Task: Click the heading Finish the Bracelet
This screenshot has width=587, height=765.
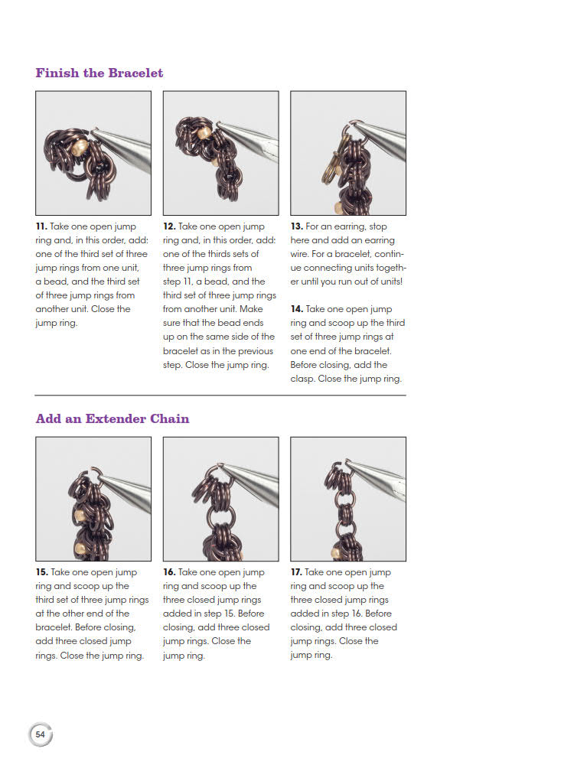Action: tap(99, 73)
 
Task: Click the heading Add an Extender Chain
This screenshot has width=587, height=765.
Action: tap(113, 419)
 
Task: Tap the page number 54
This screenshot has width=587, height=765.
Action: tap(40, 734)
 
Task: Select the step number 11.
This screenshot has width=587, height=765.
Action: tap(41, 227)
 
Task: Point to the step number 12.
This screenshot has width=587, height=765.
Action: tap(169, 227)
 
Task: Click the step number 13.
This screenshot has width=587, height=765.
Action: tap(297, 227)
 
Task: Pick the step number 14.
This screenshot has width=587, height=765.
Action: tap(297, 309)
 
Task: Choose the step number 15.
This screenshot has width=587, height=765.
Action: tap(42, 572)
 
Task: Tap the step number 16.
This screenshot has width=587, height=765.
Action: tap(169, 572)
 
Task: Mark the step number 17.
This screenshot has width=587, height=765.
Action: tap(297, 572)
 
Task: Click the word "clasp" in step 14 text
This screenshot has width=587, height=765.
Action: tap(302, 379)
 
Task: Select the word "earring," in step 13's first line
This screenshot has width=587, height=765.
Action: tap(350, 227)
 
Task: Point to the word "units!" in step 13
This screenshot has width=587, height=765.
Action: tap(389, 282)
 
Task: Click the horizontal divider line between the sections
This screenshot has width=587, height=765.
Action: tap(220, 396)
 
